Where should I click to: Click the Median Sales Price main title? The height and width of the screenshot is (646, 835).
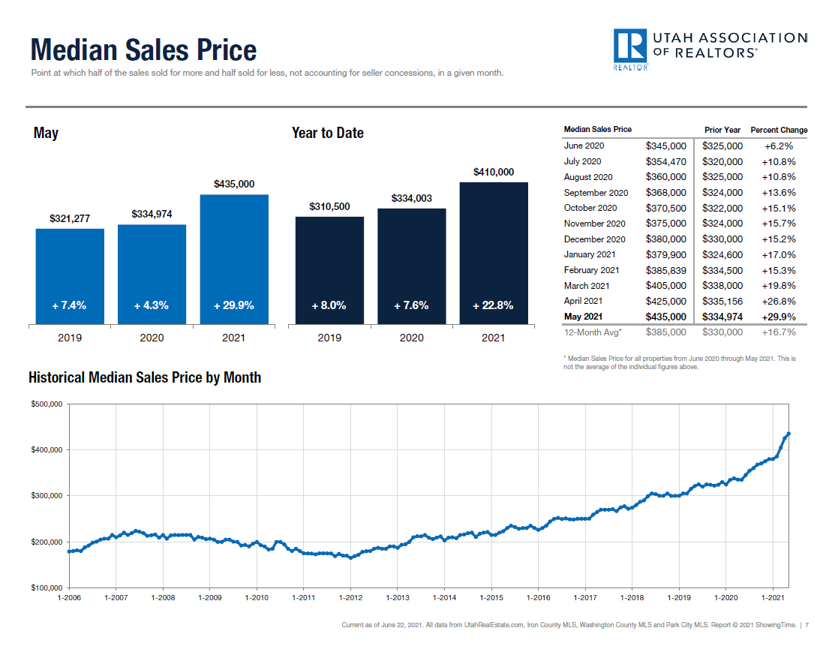point(143,50)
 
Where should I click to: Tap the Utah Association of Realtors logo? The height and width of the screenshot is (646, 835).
point(709,50)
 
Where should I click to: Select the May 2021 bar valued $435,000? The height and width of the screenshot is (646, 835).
point(234,259)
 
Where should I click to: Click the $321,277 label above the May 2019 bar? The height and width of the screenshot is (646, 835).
point(70,218)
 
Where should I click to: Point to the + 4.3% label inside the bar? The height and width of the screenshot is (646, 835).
point(152,305)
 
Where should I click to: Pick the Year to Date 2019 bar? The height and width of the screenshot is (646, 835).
point(329,270)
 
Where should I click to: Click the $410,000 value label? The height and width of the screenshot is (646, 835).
point(494,172)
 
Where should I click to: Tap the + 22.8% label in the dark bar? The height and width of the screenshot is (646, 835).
point(493,305)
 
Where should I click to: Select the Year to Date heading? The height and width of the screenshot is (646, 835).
point(328,133)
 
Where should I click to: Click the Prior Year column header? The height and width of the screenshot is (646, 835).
point(722,130)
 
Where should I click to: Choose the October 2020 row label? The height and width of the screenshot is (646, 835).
point(590,208)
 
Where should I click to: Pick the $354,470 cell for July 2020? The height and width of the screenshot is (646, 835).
point(665,161)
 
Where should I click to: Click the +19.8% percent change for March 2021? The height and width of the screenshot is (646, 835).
point(779,286)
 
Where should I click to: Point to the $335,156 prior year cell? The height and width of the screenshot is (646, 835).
point(722,301)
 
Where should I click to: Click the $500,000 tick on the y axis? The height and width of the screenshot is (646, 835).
point(47,404)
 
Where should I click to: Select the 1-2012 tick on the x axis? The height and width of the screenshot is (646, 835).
point(350,598)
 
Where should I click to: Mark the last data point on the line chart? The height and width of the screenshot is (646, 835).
point(788,434)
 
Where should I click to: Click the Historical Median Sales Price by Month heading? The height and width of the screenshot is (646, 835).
point(145,377)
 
